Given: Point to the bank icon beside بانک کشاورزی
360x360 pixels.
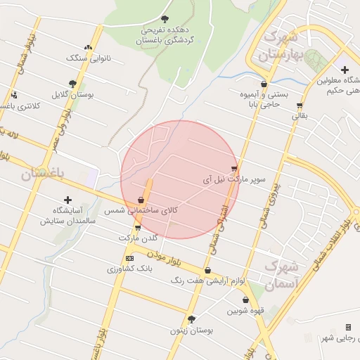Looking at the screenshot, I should (x=129, y=259).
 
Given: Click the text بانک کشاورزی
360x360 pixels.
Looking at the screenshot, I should (x=130, y=269).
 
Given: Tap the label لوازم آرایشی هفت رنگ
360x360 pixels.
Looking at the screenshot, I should (x=207, y=281).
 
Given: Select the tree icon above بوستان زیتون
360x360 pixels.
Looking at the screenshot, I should (x=191, y=319).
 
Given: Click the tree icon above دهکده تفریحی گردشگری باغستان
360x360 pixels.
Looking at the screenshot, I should (x=165, y=19).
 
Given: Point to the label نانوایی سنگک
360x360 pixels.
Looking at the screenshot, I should (x=81, y=58).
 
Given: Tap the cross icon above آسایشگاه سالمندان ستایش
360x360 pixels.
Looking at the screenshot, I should (x=67, y=200).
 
